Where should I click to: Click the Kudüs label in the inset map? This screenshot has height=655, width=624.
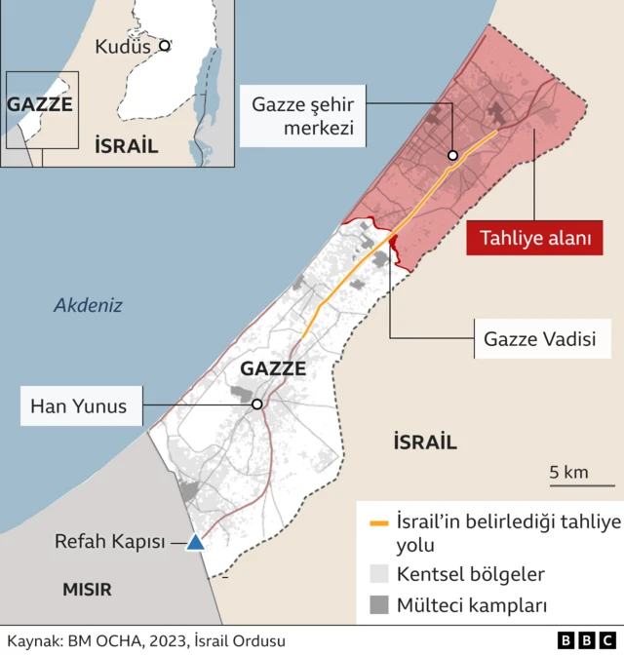123,46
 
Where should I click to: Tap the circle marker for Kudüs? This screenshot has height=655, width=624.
165,45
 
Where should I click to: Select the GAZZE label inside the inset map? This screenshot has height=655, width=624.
40,104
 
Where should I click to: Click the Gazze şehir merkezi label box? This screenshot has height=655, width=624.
302,115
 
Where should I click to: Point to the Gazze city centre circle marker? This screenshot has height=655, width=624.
452,155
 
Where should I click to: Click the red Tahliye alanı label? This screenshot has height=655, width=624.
533,239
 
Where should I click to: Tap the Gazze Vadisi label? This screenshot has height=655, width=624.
539,340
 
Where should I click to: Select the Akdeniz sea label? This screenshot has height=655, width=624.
88,305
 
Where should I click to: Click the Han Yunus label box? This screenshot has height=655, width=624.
79,405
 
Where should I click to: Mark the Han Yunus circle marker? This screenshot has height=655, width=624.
256,405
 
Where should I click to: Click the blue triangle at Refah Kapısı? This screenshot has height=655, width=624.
196,543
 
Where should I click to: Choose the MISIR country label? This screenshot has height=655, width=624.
88,589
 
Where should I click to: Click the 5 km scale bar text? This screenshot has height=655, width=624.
569,473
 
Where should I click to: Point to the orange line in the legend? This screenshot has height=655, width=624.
378,523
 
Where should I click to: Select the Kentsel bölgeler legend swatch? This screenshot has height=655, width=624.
378,574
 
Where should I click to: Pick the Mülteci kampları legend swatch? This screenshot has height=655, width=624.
378,605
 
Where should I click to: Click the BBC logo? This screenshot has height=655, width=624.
579,640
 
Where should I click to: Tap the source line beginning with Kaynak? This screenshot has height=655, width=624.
146,640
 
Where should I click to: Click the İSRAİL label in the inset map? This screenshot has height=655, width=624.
126,146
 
